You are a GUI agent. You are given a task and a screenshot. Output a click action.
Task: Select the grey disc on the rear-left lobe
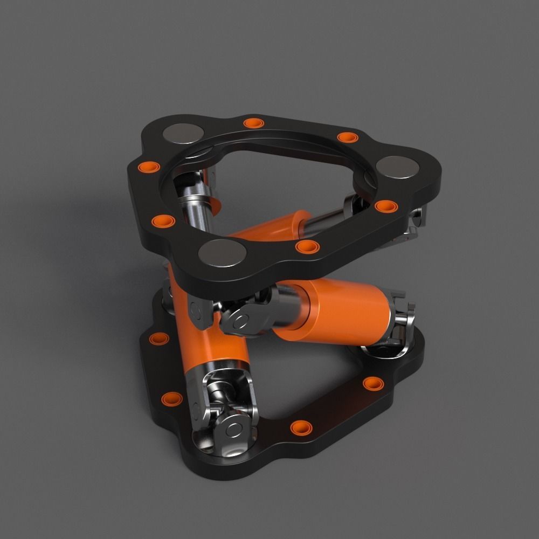[x=184, y=132]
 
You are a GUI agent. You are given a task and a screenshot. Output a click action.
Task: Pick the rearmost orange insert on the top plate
[x=252, y=123]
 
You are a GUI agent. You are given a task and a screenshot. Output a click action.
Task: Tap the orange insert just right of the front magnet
[x=308, y=247]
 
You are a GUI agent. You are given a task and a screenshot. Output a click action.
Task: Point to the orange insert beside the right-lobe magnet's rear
[x=347, y=137]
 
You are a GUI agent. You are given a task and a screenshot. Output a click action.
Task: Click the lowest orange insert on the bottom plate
[x=300, y=427]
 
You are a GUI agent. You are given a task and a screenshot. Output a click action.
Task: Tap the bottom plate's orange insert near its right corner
[x=371, y=383]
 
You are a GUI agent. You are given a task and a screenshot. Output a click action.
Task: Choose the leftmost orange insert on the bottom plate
[x=159, y=339]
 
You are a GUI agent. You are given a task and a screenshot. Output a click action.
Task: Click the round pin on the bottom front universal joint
[x=234, y=429]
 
